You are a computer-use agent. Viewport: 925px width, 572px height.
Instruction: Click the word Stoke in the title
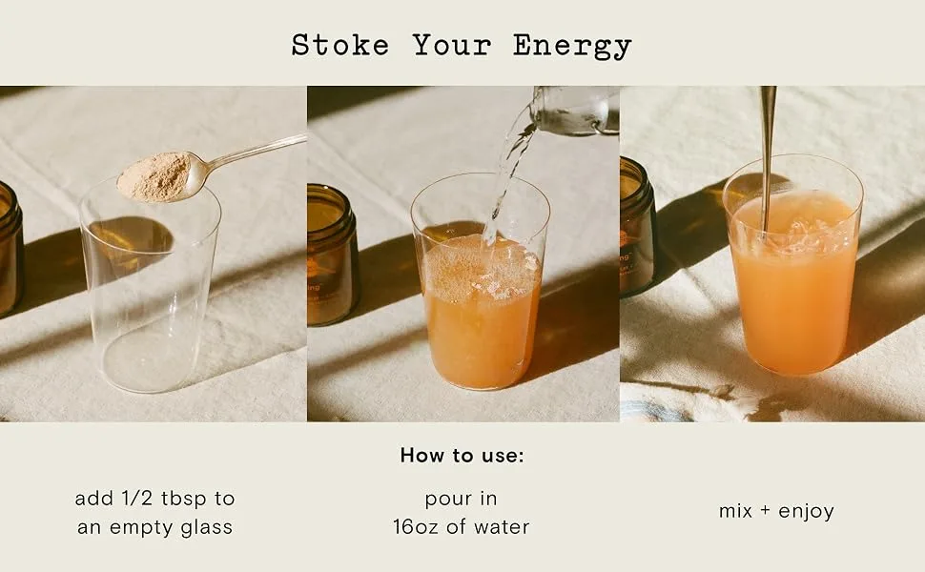point(340,46)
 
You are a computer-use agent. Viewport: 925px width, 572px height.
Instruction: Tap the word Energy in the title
point(572,47)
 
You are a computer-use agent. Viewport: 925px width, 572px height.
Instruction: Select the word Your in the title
point(452,46)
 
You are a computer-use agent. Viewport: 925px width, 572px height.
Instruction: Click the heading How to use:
point(462,456)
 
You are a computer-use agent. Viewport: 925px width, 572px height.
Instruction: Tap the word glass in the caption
point(207,527)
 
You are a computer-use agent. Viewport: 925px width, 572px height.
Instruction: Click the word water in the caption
point(502,526)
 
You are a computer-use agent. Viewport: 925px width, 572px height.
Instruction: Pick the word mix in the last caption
point(735,510)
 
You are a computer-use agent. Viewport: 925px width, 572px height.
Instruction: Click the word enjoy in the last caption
point(806,511)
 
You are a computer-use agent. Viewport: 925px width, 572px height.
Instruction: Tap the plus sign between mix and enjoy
point(765,511)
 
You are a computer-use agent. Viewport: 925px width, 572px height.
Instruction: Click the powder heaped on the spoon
point(155,175)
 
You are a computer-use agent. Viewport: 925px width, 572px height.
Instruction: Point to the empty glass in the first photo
point(150,283)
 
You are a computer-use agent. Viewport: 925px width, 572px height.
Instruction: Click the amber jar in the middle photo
point(332,255)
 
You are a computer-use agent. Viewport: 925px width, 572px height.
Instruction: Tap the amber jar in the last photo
point(637,227)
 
